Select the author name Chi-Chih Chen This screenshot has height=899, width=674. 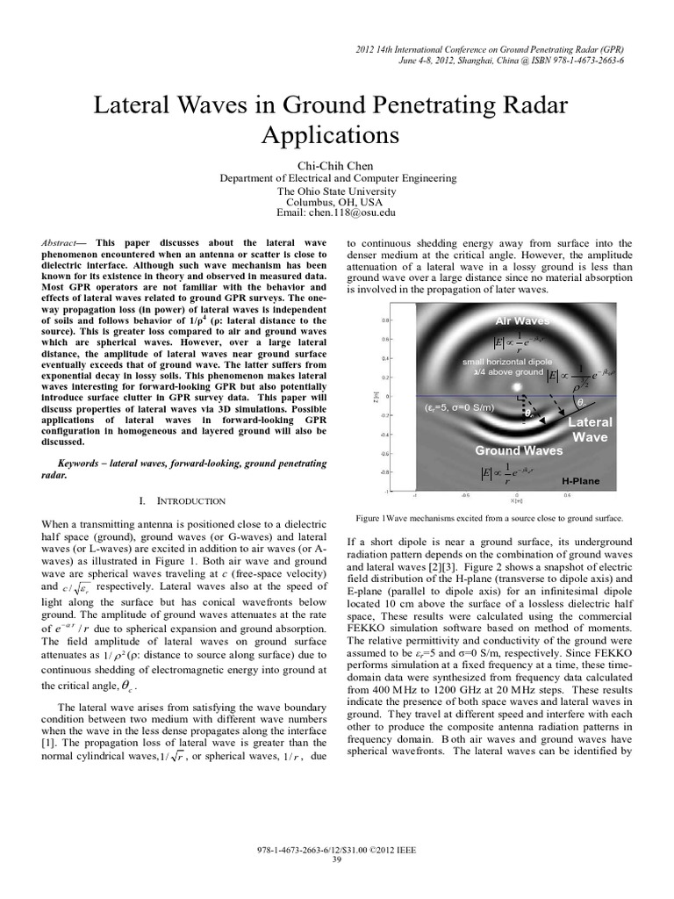click(337, 163)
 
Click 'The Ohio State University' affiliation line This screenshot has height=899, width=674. click(337, 190)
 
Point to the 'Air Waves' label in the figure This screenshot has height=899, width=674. click(524, 321)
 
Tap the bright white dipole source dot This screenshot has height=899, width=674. click(517, 385)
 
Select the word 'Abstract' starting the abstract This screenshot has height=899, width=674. click(61, 242)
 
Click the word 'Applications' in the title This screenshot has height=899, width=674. click(337, 136)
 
